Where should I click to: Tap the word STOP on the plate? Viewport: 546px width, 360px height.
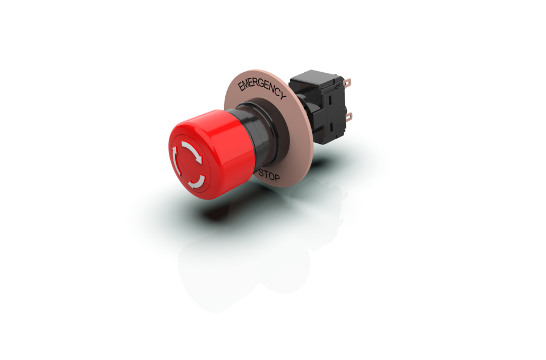tap(269, 175)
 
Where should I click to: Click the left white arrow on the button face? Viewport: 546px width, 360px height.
tap(173, 158)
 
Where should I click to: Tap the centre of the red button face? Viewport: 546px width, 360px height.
tap(186, 163)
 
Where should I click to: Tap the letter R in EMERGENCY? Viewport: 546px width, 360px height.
tap(257, 84)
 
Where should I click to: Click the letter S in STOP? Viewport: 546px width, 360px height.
tap(261, 172)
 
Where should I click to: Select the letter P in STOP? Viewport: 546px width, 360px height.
tap(277, 178)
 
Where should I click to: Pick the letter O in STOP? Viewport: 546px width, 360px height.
tap(271, 176)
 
